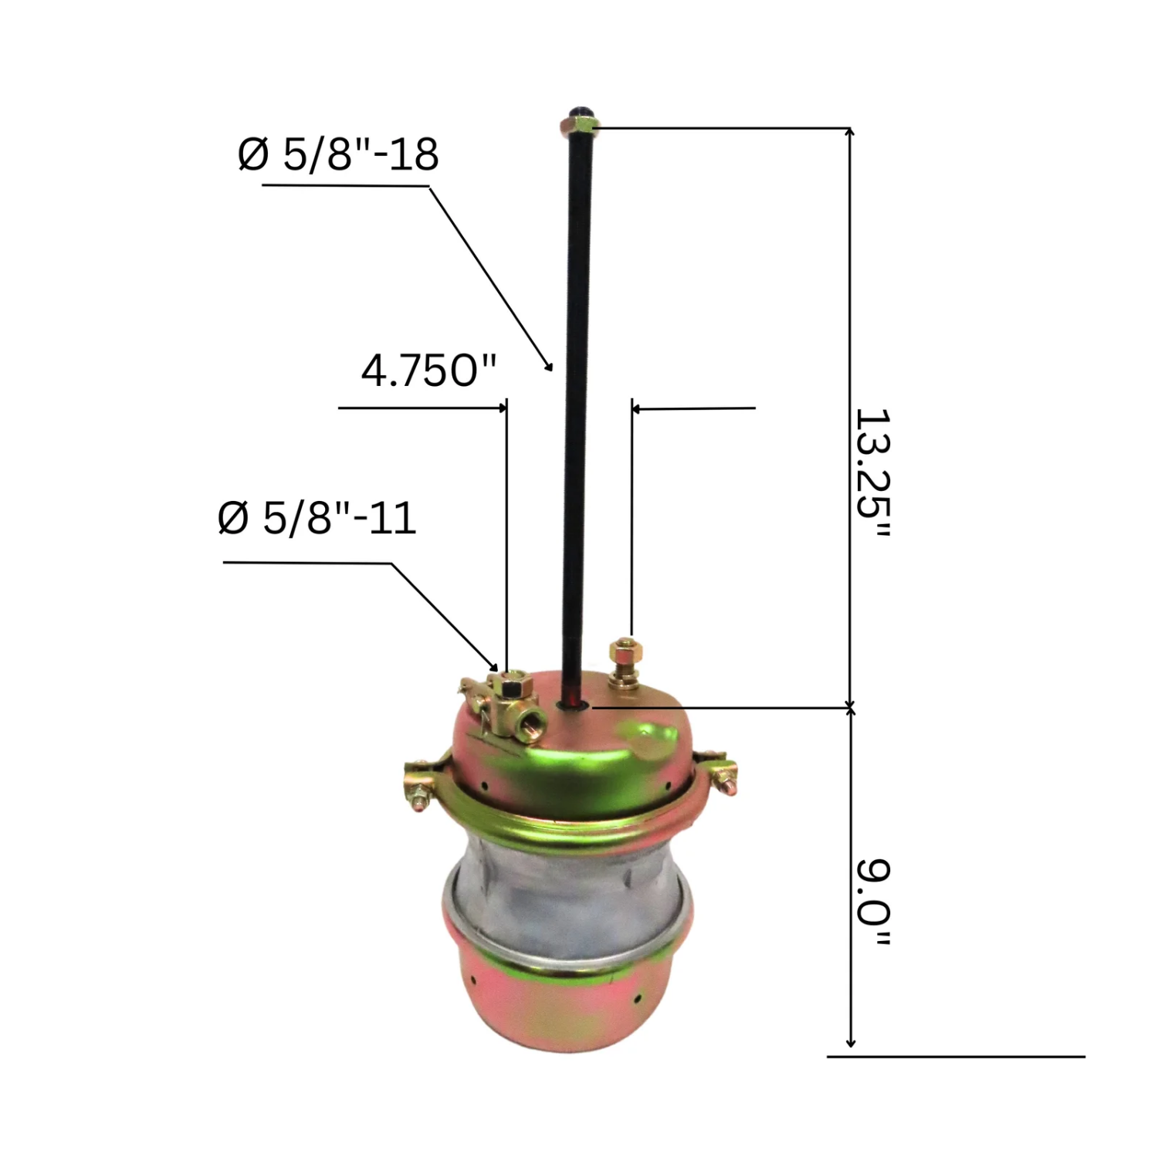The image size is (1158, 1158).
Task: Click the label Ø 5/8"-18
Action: (338, 154)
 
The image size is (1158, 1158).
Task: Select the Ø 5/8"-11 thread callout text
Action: (317, 518)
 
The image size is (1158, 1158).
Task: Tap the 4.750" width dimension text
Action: (428, 371)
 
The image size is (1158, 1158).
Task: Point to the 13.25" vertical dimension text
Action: (873, 473)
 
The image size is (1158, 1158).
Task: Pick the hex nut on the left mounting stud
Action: (511, 685)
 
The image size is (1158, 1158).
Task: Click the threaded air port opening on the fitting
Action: (533, 723)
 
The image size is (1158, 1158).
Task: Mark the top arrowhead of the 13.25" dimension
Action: (851, 133)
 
